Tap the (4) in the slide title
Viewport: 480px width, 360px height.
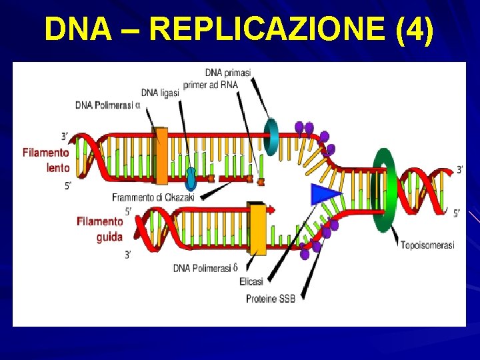pyautogui.click(x=414, y=29)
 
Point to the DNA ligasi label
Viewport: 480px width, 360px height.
pyautogui.click(x=160, y=93)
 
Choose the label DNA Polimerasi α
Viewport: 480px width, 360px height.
pyautogui.click(x=107, y=105)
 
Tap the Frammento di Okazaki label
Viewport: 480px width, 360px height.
pyautogui.click(x=153, y=197)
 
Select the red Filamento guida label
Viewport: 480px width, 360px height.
pyautogui.click(x=100, y=229)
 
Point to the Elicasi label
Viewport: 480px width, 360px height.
pyautogui.click(x=251, y=281)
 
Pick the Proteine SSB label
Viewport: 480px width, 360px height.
pyautogui.click(x=270, y=298)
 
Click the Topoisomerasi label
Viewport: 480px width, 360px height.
pyautogui.click(x=427, y=245)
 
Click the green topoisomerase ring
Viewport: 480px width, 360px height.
pyautogui.click(x=385, y=190)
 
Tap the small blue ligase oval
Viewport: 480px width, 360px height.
pyautogui.click(x=191, y=178)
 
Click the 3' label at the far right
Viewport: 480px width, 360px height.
pyautogui.click(x=459, y=170)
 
